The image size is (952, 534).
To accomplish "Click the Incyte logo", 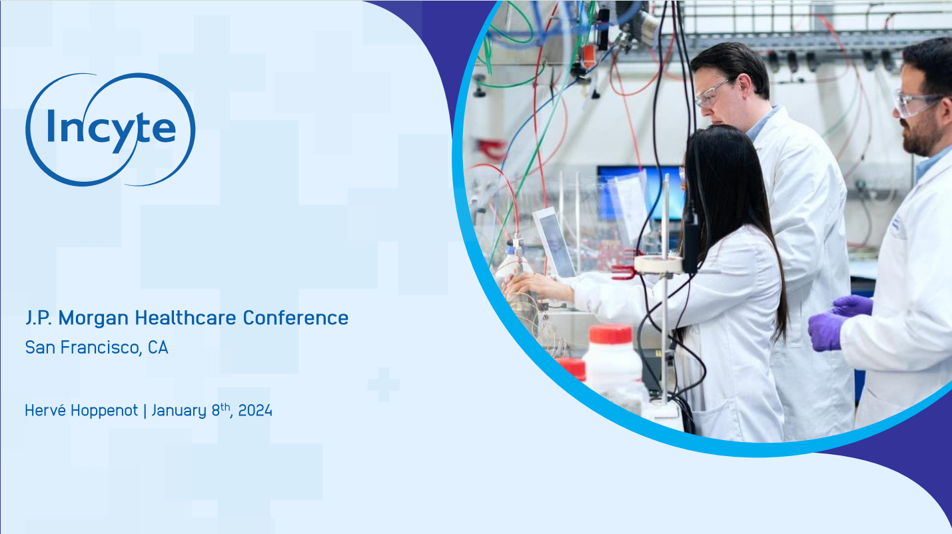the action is [110, 130].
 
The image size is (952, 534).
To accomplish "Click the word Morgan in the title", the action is [93, 318].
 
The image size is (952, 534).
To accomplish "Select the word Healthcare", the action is [185, 318].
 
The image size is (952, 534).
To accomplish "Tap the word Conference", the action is [296, 318].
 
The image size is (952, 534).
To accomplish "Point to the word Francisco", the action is [101, 348].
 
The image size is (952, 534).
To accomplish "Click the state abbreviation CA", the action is [158, 348].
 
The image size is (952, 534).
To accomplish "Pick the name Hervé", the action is [45, 410].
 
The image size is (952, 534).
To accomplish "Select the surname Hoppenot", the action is [104, 411].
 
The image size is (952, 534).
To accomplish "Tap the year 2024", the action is [255, 411].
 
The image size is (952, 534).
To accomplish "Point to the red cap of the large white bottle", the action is [610, 334].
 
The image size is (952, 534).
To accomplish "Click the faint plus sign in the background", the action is [383, 384].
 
